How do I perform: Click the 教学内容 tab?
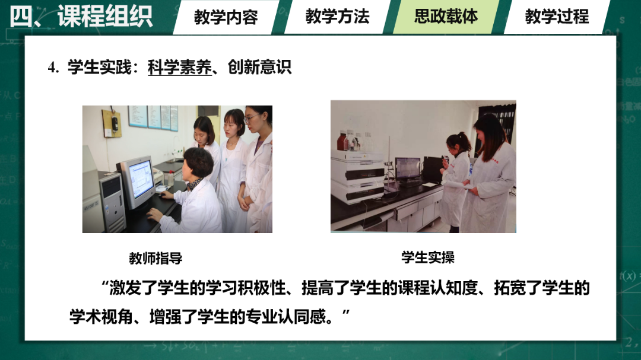coord(226,17)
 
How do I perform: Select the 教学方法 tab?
coord(337,17)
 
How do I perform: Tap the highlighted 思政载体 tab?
coord(446,17)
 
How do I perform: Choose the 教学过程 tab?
coord(557,17)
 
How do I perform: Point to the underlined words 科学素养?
coord(179,67)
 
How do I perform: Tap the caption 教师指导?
coord(156,259)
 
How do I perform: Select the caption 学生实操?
coord(428,257)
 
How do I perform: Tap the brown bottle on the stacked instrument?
coord(343,141)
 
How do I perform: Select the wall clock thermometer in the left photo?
coord(112,123)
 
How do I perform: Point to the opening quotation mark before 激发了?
coord(106,286)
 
